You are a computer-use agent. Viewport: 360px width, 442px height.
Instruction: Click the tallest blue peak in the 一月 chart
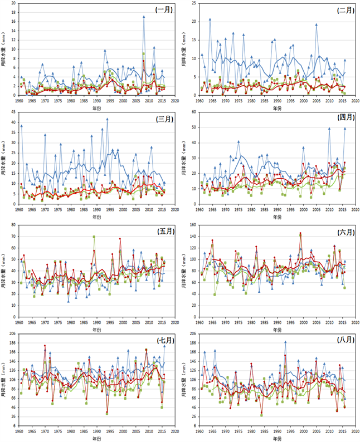pos(144,17)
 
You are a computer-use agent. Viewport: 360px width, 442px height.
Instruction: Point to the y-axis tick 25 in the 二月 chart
pos(193,4)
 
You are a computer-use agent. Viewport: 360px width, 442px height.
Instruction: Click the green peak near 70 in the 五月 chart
pos(94,237)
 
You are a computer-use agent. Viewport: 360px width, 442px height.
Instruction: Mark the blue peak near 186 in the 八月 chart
pos(285,342)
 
